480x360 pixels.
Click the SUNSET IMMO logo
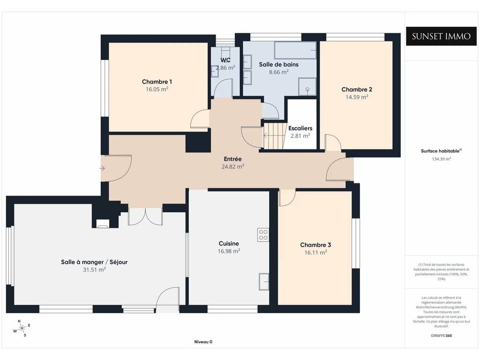coord(441,36)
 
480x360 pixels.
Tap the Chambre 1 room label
coord(157,82)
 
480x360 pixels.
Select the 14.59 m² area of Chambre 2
coord(357,97)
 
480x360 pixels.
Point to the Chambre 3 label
coord(315,245)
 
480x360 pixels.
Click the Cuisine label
coord(229,244)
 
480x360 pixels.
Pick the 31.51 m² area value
coord(94,270)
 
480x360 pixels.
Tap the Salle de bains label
coord(278,65)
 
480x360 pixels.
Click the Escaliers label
coord(300,128)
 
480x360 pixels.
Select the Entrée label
coord(232,159)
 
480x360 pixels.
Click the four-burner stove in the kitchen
coord(263,235)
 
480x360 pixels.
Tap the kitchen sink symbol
coord(264,281)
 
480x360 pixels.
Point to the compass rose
coord(22,329)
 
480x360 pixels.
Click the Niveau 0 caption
coord(203,342)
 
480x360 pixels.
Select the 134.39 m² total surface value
coord(441,159)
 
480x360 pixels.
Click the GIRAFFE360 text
coord(441,336)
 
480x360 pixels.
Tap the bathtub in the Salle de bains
coord(295,50)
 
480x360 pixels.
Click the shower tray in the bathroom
coord(307,86)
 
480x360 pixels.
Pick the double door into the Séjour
coord(145,217)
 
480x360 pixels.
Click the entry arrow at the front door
coord(102,168)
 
